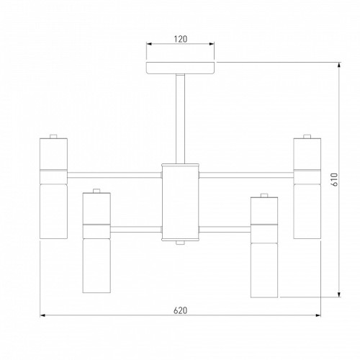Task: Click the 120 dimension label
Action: (x=181, y=39)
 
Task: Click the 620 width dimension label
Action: (x=180, y=310)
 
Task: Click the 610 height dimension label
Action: (x=335, y=179)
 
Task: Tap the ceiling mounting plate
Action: (x=180, y=68)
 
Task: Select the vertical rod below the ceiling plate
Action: (x=180, y=119)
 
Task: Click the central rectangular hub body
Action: (x=180, y=202)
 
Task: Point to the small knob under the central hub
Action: (x=180, y=243)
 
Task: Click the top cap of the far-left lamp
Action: (x=53, y=136)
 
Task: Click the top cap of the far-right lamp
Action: (x=307, y=136)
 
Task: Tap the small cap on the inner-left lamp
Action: (x=96, y=191)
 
